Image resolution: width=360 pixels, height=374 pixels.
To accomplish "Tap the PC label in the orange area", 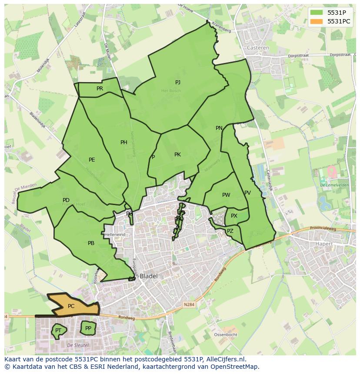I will pyautogui.click(x=71, y=306).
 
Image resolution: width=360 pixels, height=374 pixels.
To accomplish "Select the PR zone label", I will pyautogui.click(x=100, y=89).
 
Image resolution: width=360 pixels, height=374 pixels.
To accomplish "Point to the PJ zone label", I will pyautogui.click(x=178, y=82).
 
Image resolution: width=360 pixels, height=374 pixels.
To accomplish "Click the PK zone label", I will pyautogui.click(x=177, y=155).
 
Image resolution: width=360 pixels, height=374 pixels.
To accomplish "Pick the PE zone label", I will pyautogui.click(x=92, y=160).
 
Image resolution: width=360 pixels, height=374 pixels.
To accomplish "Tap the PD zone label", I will pyautogui.click(x=66, y=200).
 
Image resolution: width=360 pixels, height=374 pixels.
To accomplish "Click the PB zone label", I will pyautogui.click(x=91, y=243).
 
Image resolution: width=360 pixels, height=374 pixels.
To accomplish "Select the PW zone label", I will pyautogui.click(x=226, y=195).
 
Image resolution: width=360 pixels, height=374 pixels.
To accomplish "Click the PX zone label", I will pyautogui.click(x=234, y=216).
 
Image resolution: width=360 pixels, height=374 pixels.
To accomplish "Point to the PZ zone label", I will pyautogui.click(x=230, y=231).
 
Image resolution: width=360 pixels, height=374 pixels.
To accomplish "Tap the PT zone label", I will pyautogui.click(x=58, y=331).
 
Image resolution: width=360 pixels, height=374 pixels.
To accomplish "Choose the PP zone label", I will pyautogui.click(x=88, y=328).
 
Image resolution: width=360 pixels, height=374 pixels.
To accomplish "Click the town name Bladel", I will pyautogui.click(x=149, y=276).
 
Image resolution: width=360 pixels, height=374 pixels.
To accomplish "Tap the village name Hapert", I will pyautogui.click(x=324, y=244).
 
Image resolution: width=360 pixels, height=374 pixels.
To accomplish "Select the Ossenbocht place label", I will pyautogui.click(x=226, y=335).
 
